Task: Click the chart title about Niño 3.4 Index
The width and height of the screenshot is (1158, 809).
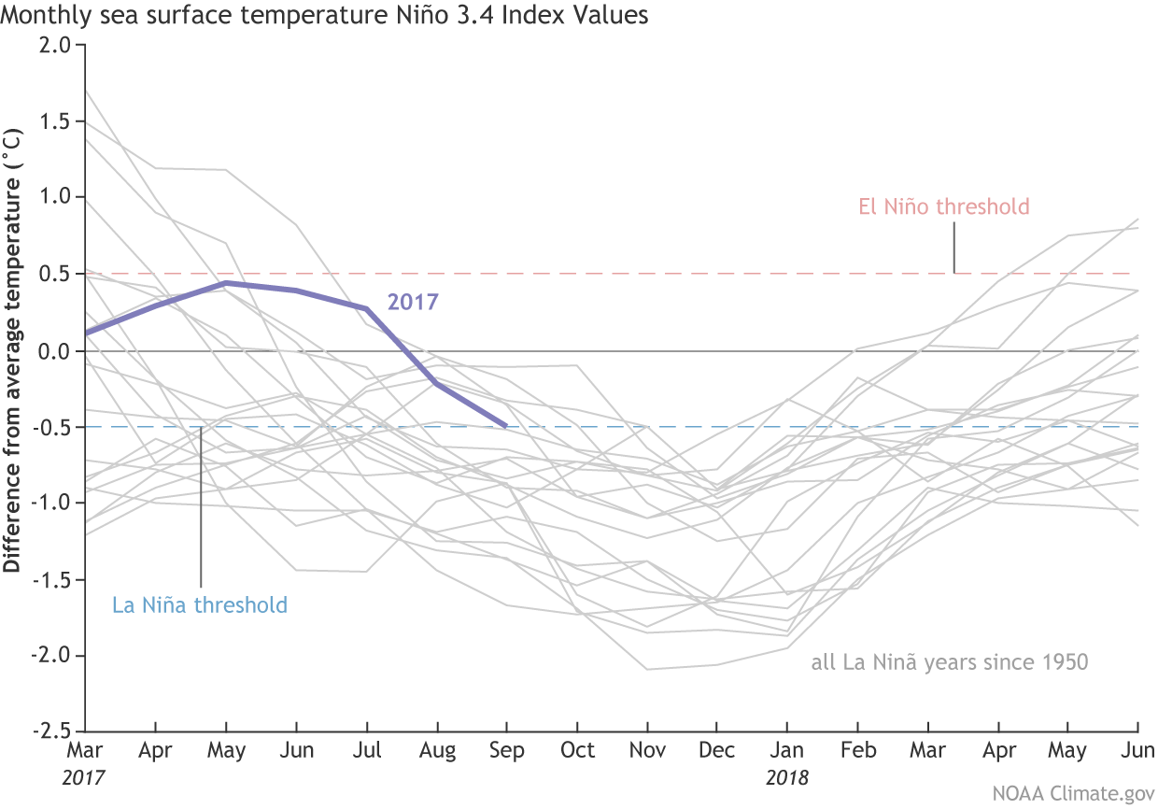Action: [325, 16]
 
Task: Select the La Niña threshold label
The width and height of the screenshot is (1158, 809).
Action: [200, 604]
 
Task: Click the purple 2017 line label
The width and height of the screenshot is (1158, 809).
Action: [413, 302]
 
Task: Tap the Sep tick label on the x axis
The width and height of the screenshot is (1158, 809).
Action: [506, 751]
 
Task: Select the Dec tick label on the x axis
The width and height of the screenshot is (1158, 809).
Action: [716, 751]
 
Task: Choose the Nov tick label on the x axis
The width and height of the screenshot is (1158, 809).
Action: [646, 751]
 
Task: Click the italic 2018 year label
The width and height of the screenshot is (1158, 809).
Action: [786, 777]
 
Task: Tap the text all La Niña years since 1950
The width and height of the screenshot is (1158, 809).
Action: [950, 663]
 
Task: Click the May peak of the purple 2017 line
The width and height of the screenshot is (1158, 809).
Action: [226, 282]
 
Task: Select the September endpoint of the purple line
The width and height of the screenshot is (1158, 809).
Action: [505, 426]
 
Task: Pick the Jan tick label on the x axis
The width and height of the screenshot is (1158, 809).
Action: [786, 751]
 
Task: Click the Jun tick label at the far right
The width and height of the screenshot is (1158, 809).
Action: [1136, 751]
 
